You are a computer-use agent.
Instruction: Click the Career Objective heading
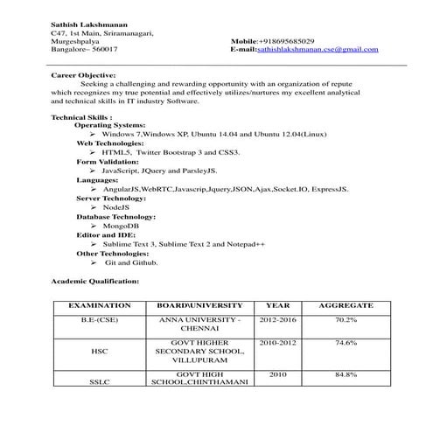coord(80,76)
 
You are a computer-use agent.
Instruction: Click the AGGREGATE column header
coord(346,306)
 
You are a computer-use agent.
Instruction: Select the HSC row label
coord(99,352)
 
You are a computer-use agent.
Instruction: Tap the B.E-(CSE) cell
coord(99,321)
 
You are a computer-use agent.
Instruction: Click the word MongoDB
coord(122,225)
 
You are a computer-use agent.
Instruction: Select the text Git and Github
coord(131,262)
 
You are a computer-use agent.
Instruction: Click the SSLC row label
coord(99,382)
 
